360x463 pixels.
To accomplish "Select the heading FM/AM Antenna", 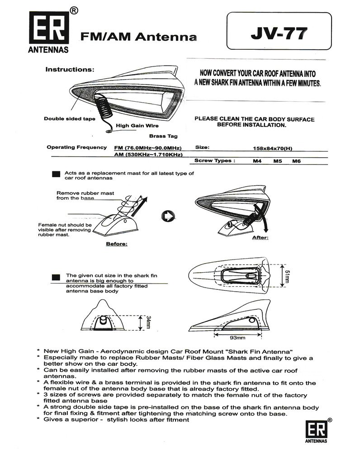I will tap(139, 37).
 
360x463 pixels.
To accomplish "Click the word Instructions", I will tap(70, 70).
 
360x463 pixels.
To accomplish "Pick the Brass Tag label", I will tap(163, 136).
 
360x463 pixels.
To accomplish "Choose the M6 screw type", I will tap(297, 161).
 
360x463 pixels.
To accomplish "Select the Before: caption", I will tap(116, 244).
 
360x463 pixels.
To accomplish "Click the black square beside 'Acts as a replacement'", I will tap(56, 174).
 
